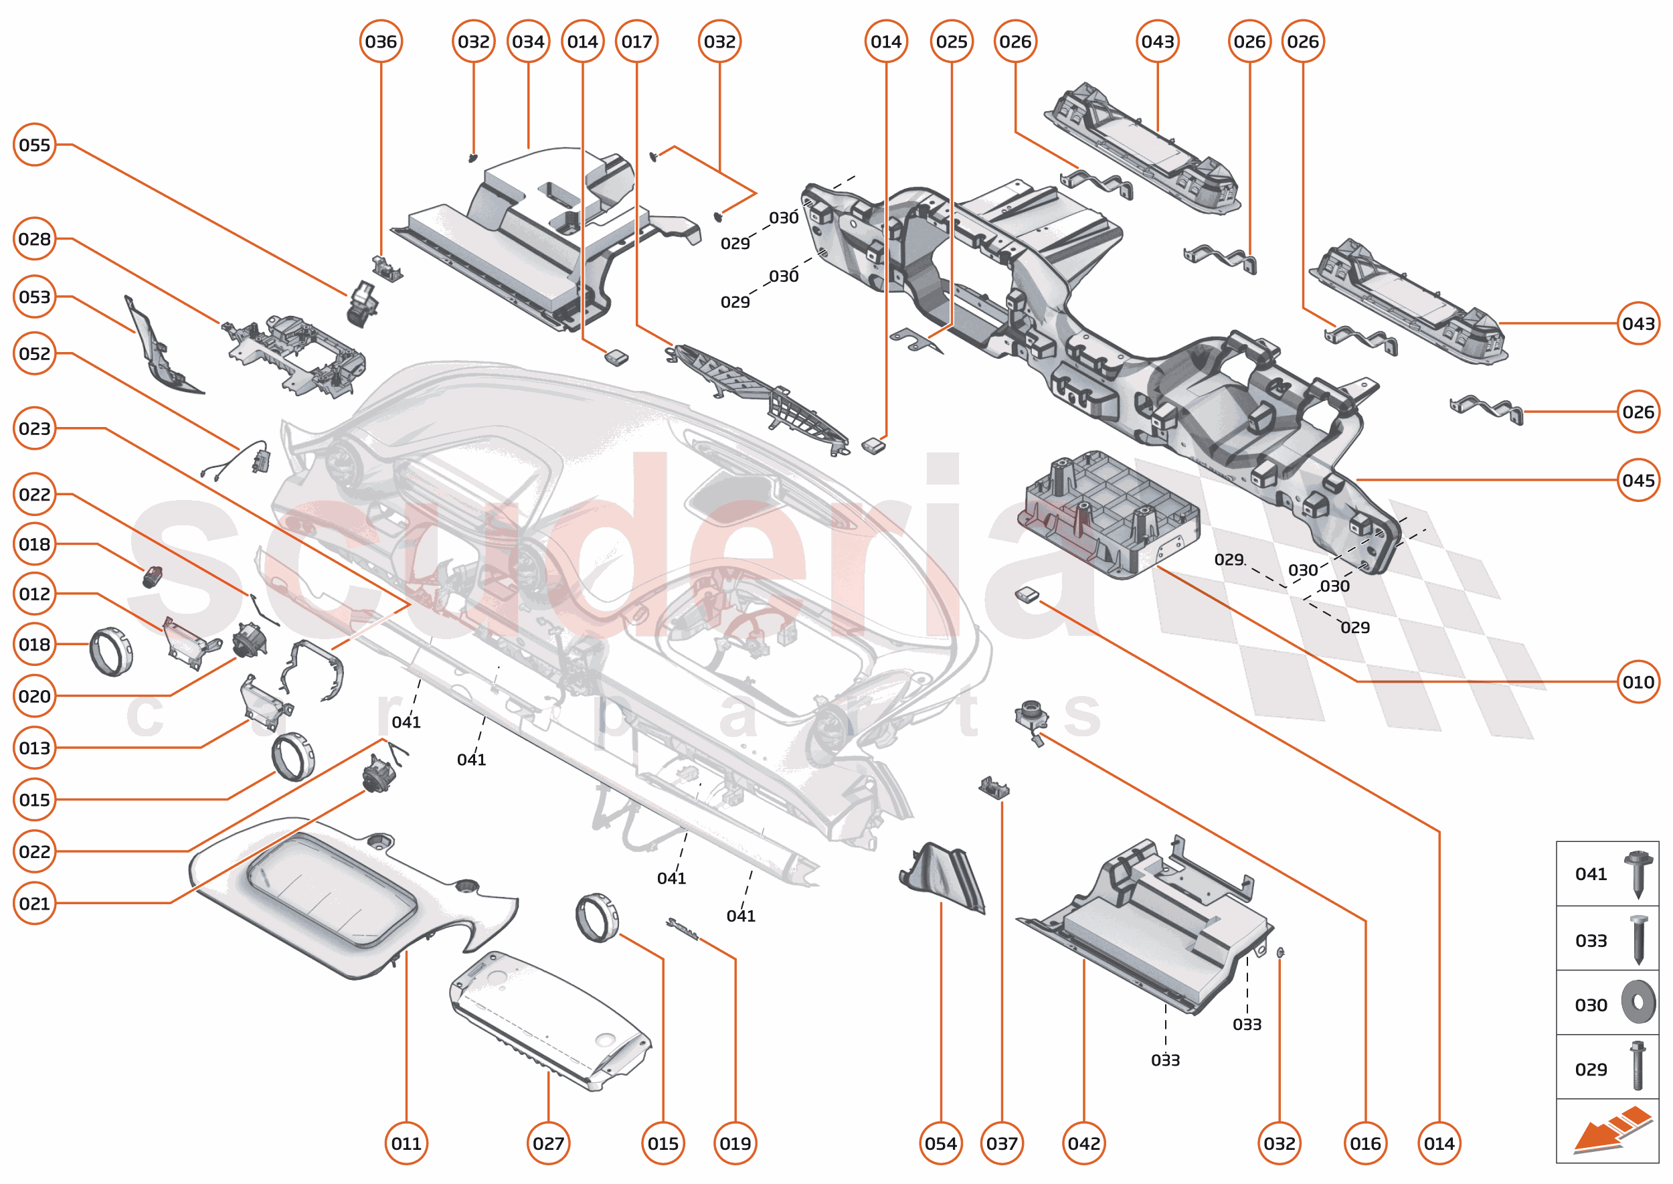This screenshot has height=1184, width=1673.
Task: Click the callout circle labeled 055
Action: (x=34, y=145)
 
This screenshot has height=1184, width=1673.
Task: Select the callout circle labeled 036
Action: (x=381, y=41)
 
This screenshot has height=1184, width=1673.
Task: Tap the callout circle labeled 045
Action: (x=1638, y=480)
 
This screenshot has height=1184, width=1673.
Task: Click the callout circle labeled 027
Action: (x=547, y=1143)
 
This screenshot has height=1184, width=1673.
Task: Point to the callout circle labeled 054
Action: (x=940, y=1143)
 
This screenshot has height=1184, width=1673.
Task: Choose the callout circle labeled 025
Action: (x=952, y=41)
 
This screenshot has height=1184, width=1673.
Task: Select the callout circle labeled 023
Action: (x=34, y=428)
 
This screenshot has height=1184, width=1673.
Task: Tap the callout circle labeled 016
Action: (x=1364, y=1143)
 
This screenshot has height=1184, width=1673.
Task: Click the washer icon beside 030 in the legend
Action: (x=1638, y=1002)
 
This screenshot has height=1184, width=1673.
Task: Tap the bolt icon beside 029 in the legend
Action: (x=1638, y=1066)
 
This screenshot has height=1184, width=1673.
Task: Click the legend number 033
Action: (x=1590, y=940)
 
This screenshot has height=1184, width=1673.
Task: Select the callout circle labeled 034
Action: (x=528, y=41)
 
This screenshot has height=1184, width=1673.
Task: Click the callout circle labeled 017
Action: (x=636, y=41)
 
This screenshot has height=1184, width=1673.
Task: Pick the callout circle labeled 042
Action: (x=1083, y=1143)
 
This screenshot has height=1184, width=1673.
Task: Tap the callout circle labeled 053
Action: (x=34, y=297)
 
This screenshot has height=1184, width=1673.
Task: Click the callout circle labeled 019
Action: (x=735, y=1143)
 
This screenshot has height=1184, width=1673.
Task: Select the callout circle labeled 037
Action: (x=1002, y=1143)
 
